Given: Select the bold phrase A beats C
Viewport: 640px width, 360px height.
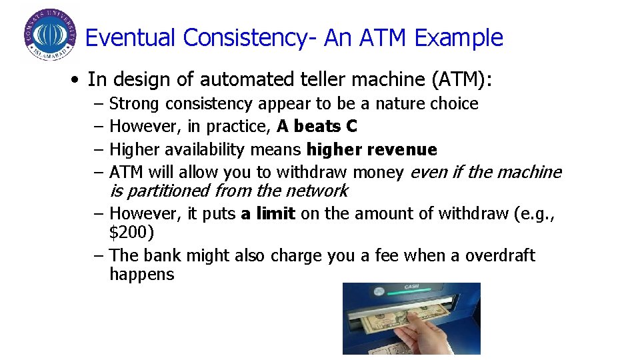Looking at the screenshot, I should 317,127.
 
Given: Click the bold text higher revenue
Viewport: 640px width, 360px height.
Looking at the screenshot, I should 371,149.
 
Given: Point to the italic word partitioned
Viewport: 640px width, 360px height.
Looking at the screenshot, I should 167,191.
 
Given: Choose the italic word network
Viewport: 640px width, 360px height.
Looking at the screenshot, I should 316,191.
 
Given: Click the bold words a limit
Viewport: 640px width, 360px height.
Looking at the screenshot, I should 268,214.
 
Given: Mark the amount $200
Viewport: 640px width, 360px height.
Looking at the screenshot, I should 131,233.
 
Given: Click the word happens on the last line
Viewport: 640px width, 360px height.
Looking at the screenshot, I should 141,275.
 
